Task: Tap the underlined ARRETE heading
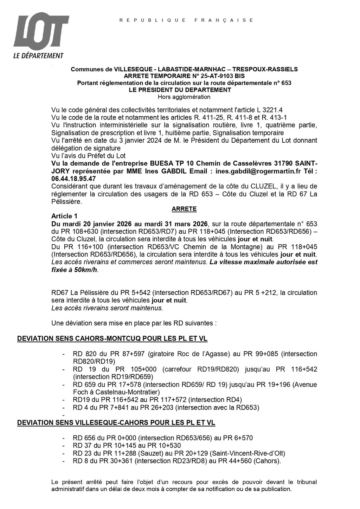(x=184, y=209)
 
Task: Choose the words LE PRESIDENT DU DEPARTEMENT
(x=180, y=90)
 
